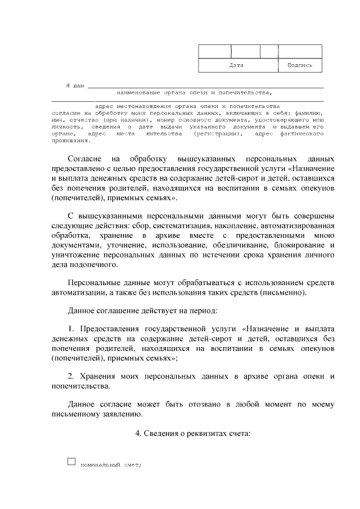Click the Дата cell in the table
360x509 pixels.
[x=237, y=65]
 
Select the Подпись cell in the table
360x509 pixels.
[x=299, y=65]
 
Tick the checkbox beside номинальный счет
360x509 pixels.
[x=71, y=462]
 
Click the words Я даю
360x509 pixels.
[x=75, y=86]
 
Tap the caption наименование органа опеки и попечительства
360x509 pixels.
[x=194, y=93]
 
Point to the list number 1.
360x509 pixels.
[x=71, y=328]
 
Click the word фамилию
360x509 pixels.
[x=308, y=113]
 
